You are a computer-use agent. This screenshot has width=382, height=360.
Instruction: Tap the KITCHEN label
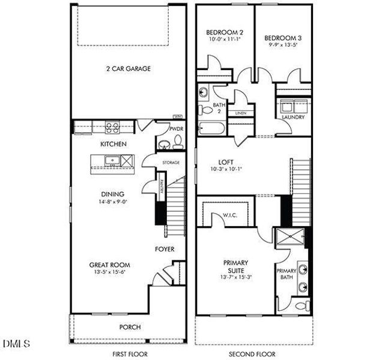point(112,144)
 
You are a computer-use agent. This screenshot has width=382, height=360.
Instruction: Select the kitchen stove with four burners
point(112,127)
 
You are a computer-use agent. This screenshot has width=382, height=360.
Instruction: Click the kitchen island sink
point(110,160)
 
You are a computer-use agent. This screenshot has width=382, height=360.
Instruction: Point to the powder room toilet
point(177,143)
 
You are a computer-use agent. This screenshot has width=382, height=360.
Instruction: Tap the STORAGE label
point(171,163)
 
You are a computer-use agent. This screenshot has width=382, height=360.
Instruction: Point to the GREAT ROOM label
point(109,265)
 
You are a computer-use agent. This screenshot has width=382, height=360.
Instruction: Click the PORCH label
point(130,327)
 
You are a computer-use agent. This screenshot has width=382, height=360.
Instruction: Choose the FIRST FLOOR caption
point(129,354)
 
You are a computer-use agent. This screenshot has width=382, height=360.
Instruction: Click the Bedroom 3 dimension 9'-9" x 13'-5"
point(283,44)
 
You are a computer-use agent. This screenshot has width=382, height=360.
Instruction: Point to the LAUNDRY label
point(293,118)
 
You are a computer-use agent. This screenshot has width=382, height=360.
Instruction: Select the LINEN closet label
point(241,113)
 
